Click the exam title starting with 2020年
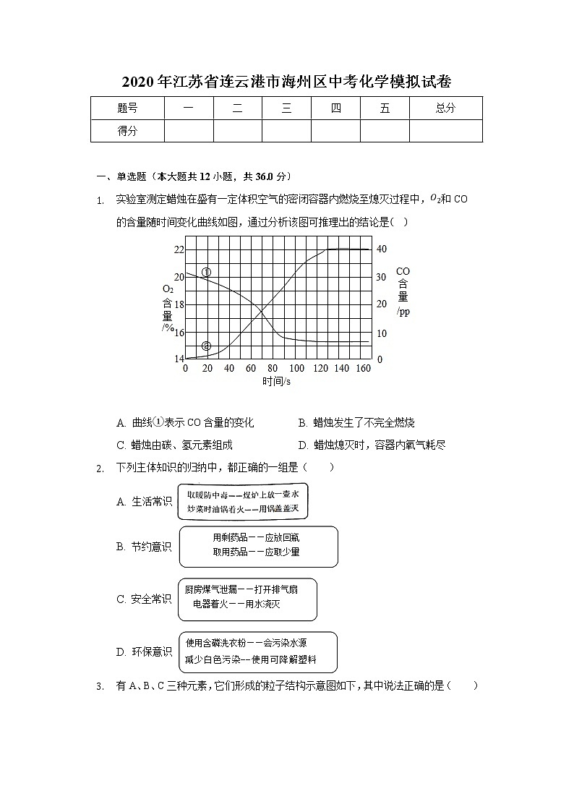click(x=286, y=82)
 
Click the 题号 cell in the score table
click(x=127, y=108)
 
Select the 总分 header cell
click(x=445, y=108)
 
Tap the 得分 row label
click(x=127, y=131)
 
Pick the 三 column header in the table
click(x=286, y=108)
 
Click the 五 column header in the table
click(x=385, y=108)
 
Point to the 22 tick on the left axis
click(x=179, y=249)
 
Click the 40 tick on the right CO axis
click(x=382, y=249)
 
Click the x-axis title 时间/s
click(x=277, y=381)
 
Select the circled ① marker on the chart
click(x=206, y=273)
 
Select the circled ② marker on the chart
click(x=207, y=346)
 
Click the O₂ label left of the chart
click(x=168, y=289)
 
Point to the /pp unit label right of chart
click(x=403, y=312)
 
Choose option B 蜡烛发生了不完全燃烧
click(x=357, y=423)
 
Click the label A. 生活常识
click(x=145, y=502)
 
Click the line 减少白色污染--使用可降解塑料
click(x=251, y=660)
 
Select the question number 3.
click(x=100, y=686)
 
